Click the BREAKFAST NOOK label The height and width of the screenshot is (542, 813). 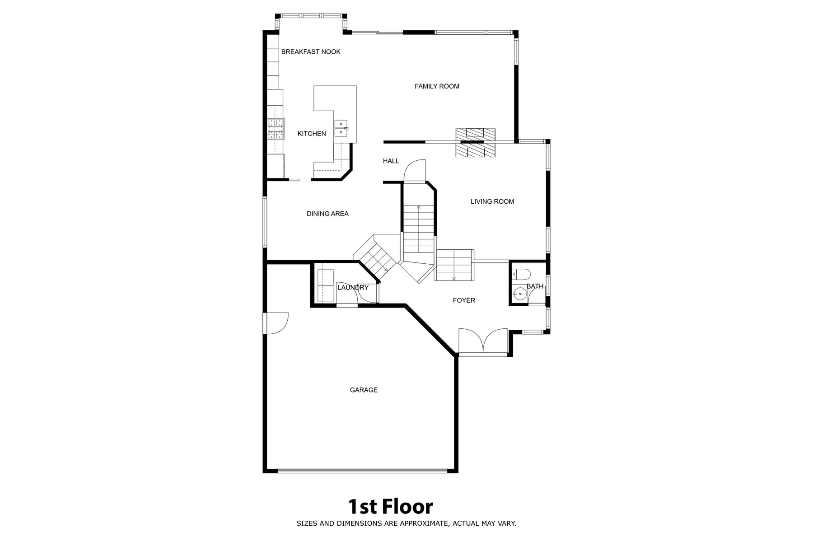tap(311, 52)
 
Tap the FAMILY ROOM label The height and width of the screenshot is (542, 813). tap(437, 86)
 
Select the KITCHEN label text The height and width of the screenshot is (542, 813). tap(312, 134)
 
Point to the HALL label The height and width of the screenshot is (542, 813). tap(391, 161)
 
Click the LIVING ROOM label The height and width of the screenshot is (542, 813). tap(492, 201)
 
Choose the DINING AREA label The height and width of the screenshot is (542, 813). tap(327, 214)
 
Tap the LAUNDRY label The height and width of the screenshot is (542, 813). tap(353, 288)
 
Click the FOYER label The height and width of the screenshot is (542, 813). tap(464, 300)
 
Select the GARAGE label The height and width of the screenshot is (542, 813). tap(364, 390)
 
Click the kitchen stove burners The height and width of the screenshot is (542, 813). tap(276, 129)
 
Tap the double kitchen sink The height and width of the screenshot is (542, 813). tap(341, 128)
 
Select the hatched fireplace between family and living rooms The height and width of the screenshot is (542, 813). tap(475, 143)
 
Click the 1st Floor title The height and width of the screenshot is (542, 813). tap(390, 507)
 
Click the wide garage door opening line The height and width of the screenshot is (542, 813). tap(362, 470)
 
